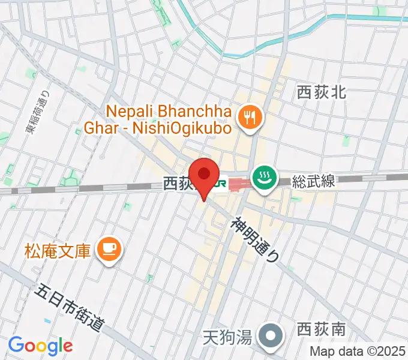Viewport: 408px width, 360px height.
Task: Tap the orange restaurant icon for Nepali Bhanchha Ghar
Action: [x=247, y=119]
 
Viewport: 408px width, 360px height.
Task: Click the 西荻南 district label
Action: [x=321, y=330]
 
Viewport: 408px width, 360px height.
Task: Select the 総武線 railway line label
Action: [x=314, y=181]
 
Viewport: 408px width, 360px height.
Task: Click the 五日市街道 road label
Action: [x=70, y=308]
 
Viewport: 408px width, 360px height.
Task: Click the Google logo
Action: [x=40, y=345]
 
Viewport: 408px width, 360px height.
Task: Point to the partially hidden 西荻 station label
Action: [x=178, y=184]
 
